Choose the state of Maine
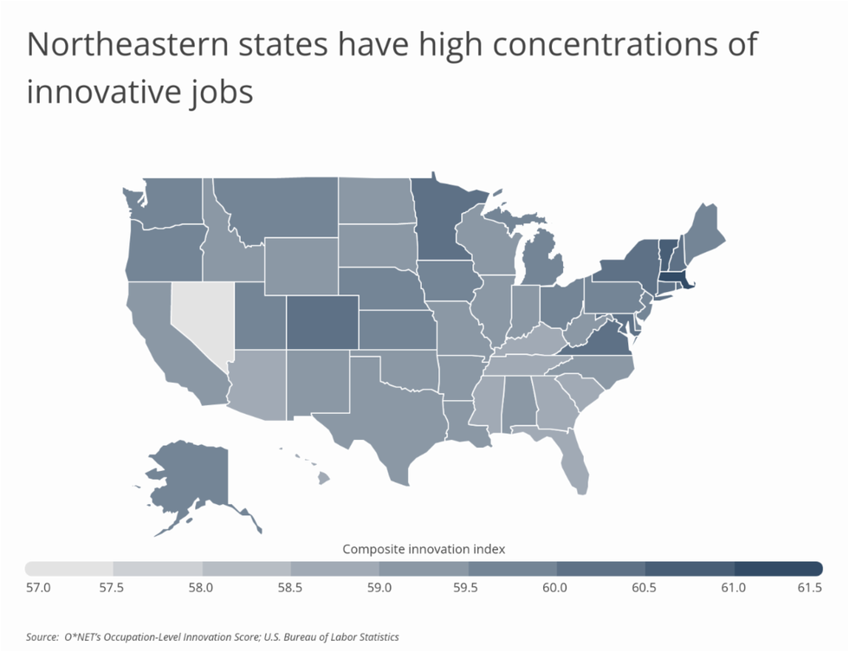click(x=704, y=228)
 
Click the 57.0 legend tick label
click(x=38, y=588)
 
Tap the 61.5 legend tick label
click(x=809, y=588)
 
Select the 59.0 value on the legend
click(x=379, y=588)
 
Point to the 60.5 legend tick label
click(x=644, y=588)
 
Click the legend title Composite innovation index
click(x=424, y=549)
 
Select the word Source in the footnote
click(x=42, y=636)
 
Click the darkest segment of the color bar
click(x=778, y=569)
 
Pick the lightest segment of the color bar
click(x=69, y=569)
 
